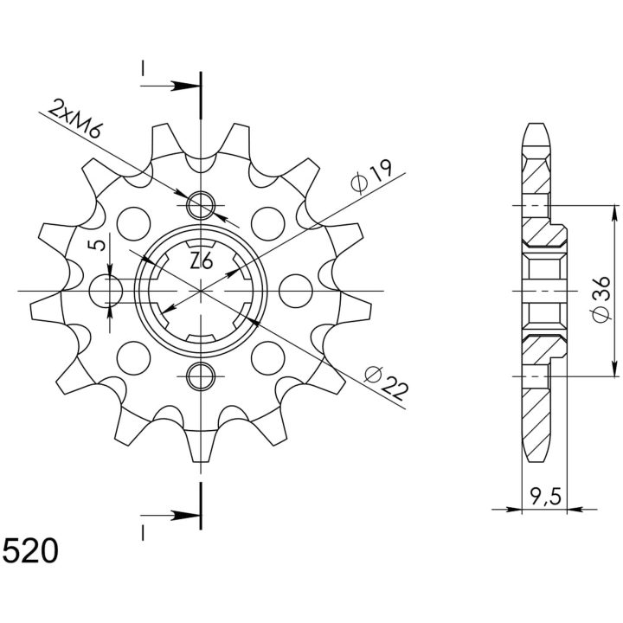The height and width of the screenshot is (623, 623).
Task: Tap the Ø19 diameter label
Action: pyautogui.click(x=371, y=177)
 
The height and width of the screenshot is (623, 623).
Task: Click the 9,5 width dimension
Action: pyautogui.click(x=545, y=497)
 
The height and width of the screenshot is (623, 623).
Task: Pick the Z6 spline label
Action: pyautogui.click(x=202, y=261)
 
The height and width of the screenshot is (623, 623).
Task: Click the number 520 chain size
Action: pyautogui.click(x=30, y=551)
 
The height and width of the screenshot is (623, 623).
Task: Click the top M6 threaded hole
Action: pyautogui.click(x=201, y=205)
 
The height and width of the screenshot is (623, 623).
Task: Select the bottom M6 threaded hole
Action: pyautogui.click(x=201, y=376)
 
